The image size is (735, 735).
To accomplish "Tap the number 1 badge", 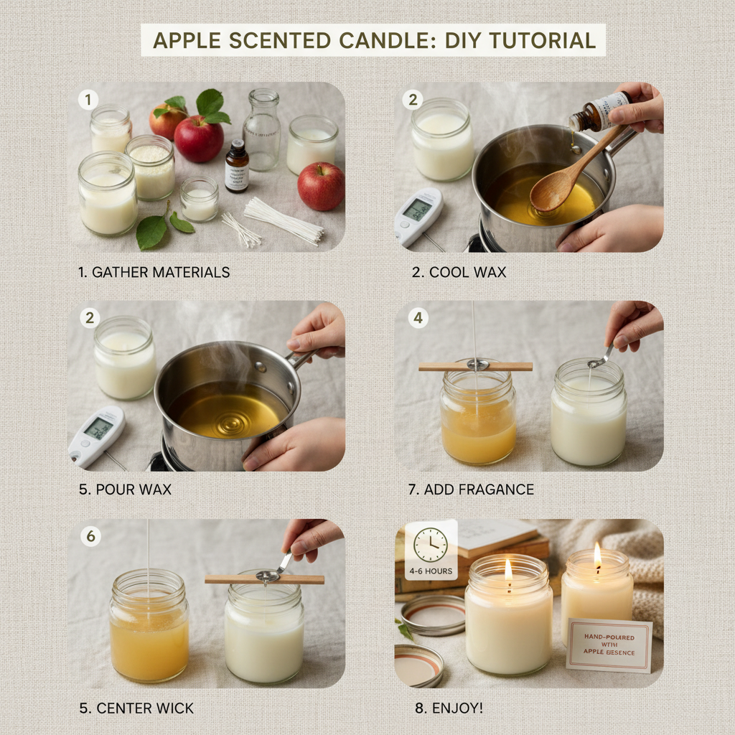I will pos(88,100).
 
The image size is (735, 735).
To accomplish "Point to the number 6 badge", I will pos(90,536).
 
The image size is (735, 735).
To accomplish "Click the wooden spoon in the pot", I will pos(567,173).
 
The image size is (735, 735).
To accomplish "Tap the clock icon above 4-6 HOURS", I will pos(431,545).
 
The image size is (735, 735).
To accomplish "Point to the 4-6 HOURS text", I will pos(431,571).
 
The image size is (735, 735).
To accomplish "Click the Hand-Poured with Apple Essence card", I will pos(609,645).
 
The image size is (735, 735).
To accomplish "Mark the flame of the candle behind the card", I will pos(597,556).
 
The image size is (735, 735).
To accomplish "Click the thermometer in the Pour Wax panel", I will pos(96,435).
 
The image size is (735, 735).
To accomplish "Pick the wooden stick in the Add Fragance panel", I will pos(475,366).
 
